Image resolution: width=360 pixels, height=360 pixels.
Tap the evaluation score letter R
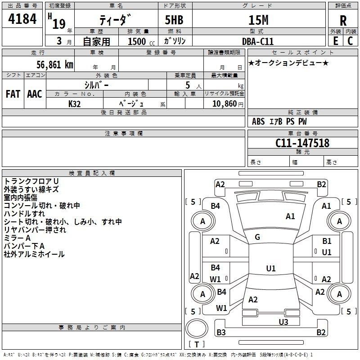click(x=343, y=20)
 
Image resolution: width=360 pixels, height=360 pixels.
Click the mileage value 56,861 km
click(x=49, y=64)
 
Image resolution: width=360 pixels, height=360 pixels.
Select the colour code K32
click(x=75, y=103)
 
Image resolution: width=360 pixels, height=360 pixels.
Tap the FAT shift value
click(x=13, y=94)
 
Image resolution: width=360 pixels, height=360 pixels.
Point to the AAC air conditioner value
click(x=34, y=94)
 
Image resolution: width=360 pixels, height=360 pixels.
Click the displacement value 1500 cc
click(x=137, y=41)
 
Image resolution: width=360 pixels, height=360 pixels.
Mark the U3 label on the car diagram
click(x=283, y=322)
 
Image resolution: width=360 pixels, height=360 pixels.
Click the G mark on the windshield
click(x=257, y=237)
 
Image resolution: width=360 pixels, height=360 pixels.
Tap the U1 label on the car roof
click(x=270, y=269)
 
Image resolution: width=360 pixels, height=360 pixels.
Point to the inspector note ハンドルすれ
click(x=24, y=214)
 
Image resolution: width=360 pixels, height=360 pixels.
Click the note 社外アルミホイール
click(x=34, y=254)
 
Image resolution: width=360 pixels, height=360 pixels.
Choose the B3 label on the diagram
click(x=221, y=333)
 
